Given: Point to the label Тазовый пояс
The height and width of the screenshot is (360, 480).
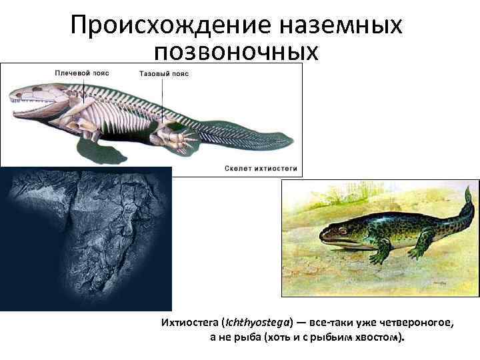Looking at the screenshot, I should (x=165, y=73).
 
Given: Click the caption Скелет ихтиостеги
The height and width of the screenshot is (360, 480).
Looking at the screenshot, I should (x=261, y=168).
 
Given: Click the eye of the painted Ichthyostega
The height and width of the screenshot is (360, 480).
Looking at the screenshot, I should (x=341, y=231).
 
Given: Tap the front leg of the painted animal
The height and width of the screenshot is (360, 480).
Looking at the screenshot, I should (x=381, y=253).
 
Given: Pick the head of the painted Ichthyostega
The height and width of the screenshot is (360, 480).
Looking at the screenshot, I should (x=337, y=234).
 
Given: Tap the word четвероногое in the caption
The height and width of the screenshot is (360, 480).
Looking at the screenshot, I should (x=417, y=323).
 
